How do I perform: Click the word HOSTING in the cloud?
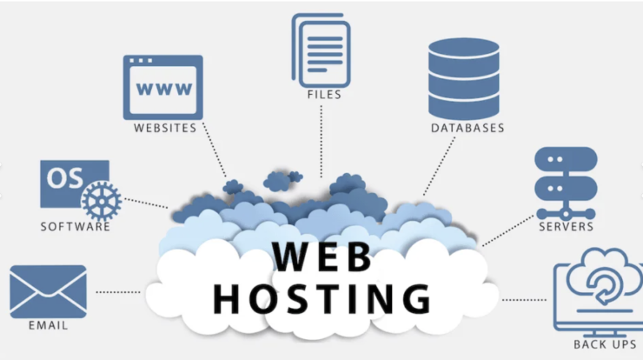click(x=321, y=297)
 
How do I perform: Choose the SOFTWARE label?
click(x=76, y=228)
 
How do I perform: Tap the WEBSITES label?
click(x=164, y=128)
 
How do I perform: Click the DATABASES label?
click(x=467, y=128)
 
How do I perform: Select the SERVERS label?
click(x=566, y=227)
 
